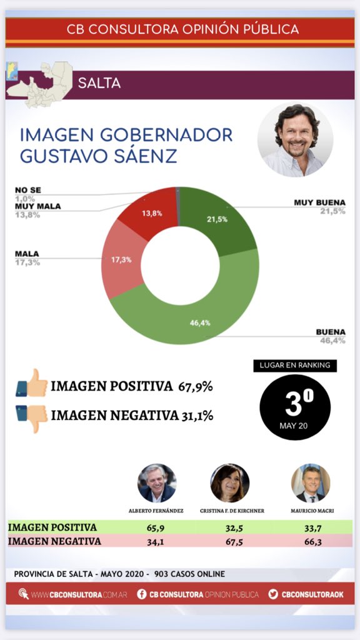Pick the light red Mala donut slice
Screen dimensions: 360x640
click(122, 261)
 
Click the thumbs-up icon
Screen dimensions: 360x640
click(32, 383)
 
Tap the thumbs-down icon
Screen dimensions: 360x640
click(32, 417)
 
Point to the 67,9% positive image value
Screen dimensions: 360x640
click(196, 387)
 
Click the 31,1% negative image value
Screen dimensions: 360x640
click(197, 416)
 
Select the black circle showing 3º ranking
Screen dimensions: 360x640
click(295, 407)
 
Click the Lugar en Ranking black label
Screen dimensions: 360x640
click(295, 365)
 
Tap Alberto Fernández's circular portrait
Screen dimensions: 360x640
click(157, 483)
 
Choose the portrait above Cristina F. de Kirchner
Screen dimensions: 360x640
click(230, 483)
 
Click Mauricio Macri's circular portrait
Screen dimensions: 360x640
click(311, 483)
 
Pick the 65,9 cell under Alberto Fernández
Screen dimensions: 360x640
click(155, 527)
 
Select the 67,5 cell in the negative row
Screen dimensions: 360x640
click(234, 542)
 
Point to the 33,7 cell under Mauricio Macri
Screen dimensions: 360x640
click(314, 527)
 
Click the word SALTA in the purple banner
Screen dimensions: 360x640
click(99, 83)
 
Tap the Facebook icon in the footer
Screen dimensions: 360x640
click(142, 594)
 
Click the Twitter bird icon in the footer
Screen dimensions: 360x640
click(273, 594)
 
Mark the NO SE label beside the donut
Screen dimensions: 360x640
click(27, 190)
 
